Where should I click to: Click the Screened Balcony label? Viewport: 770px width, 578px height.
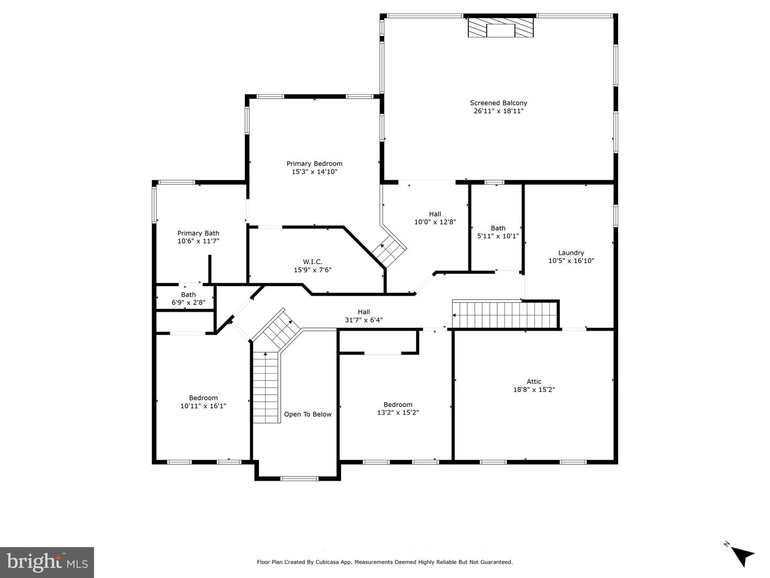click(498, 103)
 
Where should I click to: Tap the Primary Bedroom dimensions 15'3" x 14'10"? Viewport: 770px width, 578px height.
click(314, 172)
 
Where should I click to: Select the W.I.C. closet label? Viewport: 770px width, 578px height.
click(313, 261)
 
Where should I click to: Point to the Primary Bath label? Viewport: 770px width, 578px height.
click(198, 233)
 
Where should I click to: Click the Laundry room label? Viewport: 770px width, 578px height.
click(571, 252)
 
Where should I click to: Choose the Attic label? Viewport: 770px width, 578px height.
click(534, 381)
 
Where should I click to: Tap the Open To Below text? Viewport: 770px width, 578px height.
click(307, 414)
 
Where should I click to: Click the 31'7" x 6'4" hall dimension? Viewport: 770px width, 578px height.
click(364, 320)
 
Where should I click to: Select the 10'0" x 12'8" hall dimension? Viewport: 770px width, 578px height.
click(435, 222)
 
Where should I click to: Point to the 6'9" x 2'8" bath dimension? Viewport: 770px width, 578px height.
click(188, 302)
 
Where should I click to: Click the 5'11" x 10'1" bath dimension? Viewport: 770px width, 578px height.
click(498, 236)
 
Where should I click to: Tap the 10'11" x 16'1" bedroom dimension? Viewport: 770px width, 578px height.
click(203, 406)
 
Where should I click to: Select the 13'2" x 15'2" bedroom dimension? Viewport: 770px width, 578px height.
click(398, 412)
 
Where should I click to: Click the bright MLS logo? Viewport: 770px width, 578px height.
click(47, 562)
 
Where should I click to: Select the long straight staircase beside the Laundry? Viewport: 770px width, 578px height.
click(505, 314)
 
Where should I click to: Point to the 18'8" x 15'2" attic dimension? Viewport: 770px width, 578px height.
click(534, 389)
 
